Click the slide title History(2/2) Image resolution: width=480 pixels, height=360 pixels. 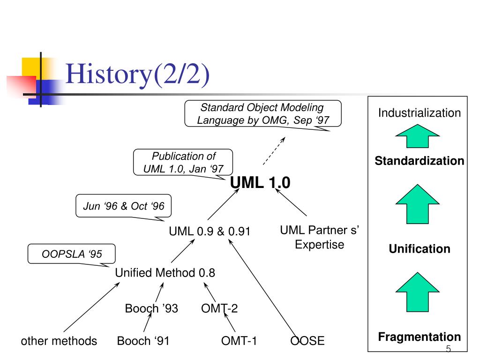137,74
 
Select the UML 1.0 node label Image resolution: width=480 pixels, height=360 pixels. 260,182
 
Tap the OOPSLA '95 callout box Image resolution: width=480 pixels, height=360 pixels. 72,254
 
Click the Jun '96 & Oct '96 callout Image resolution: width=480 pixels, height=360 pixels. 124,206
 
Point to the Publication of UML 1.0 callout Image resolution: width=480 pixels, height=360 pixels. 183,162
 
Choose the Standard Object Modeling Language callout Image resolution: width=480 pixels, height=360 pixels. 263,113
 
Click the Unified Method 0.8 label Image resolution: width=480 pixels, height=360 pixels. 165,273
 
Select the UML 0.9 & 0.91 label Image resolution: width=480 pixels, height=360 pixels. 210,231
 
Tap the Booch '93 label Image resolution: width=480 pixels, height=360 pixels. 151,308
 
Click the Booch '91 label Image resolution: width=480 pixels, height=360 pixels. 143,341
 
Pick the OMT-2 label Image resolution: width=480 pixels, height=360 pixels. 219,308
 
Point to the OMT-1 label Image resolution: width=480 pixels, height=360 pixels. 239,341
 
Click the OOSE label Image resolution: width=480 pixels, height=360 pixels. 307,341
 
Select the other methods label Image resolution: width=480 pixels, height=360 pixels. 59,341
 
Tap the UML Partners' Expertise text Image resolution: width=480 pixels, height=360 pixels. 320,237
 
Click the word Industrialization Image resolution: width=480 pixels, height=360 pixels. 420,113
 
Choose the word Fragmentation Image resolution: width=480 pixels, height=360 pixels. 420,337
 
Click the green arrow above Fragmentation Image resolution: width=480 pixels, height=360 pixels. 418,292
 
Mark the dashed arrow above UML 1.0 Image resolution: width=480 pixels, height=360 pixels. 274,151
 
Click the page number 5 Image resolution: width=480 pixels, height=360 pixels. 449,349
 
